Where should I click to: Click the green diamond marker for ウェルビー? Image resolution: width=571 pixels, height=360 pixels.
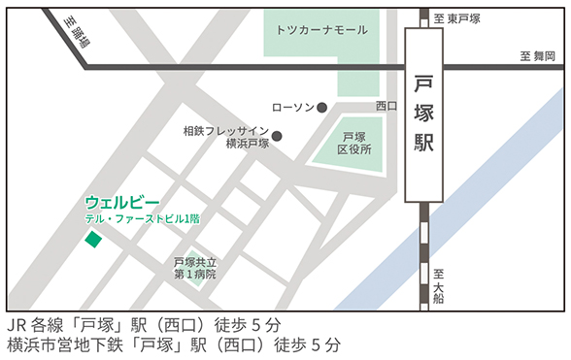pos(92,239)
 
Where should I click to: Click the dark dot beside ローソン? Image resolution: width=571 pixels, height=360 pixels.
pos(322,107)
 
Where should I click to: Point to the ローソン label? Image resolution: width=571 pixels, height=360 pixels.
pos(291,107)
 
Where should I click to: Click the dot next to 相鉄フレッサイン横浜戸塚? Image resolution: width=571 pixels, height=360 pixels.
pos(277,136)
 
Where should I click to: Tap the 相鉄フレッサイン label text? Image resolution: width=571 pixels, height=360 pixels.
pos(225,129)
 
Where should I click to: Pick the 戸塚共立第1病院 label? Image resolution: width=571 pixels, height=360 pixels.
pos(194,269)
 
